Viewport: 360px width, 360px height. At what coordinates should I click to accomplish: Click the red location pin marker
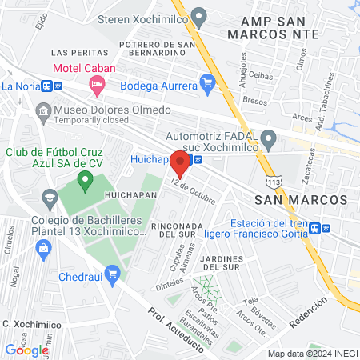[180, 164]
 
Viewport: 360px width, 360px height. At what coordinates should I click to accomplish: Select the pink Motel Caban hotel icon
[98, 83]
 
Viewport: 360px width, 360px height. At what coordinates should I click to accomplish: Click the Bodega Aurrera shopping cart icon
[208, 81]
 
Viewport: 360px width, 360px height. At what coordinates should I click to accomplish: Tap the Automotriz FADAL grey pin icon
[269, 141]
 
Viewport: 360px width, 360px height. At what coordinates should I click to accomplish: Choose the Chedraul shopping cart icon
[113, 277]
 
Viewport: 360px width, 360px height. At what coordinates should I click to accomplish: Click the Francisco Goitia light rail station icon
[317, 228]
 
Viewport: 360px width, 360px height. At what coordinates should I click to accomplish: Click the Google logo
[26, 350]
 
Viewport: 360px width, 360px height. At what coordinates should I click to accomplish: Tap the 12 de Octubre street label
[193, 191]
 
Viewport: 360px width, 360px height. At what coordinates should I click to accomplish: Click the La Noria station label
[21, 86]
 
